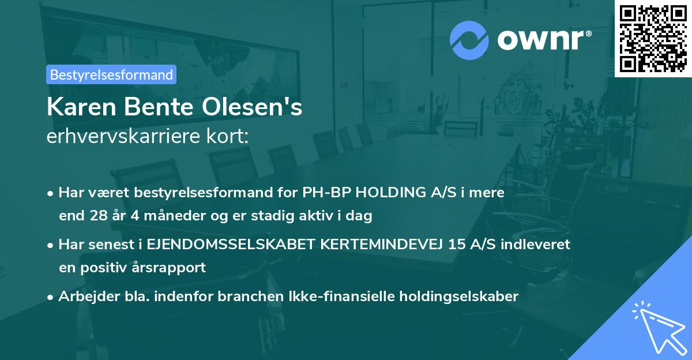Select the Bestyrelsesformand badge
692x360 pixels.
tap(111, 74)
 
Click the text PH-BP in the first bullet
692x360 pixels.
tap(325, 193)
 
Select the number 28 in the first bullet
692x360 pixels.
tap(98, 216)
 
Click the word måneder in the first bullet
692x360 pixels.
tap(157, 216)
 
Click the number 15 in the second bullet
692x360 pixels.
tap(457, 244)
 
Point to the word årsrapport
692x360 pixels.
tap(172, 268)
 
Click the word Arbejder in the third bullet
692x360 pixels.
tap(83, 296)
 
